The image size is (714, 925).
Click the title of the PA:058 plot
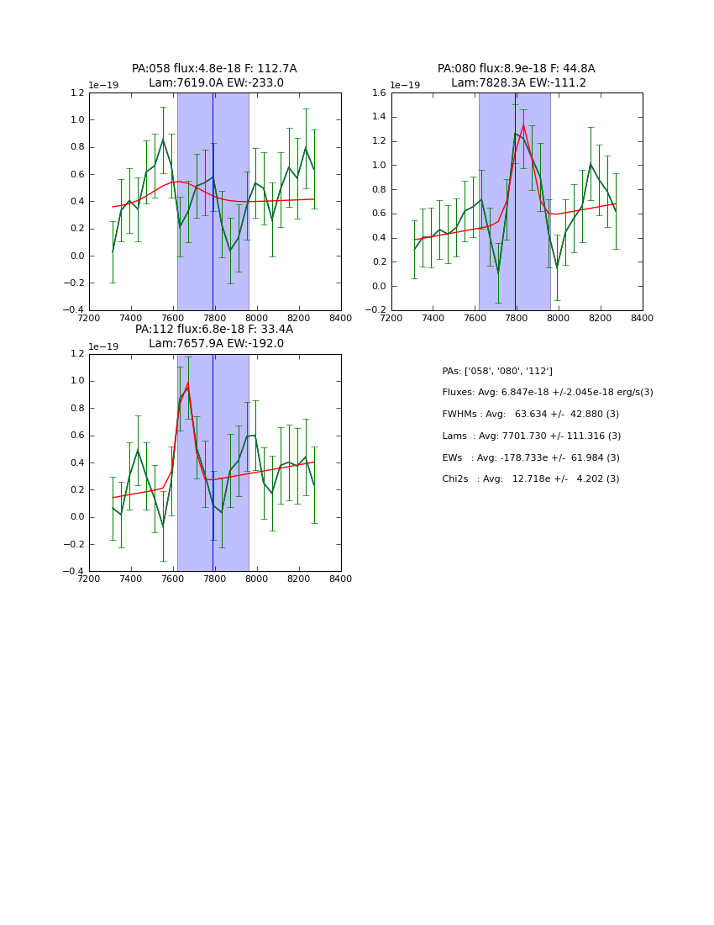click(214, 76)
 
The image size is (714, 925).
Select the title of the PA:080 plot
click(516, 76)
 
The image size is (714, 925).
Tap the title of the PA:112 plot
click(214, 336)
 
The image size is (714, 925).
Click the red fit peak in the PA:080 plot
click(523, 125)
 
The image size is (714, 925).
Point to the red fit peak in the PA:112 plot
click(187, 384)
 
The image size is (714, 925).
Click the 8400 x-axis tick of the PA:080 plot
click(642, 318)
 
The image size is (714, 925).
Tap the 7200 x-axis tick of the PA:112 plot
click(89, 579)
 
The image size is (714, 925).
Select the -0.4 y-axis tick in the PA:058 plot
click(75, 310)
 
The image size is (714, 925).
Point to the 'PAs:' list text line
click(497, 371)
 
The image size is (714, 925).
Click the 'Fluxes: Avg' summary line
click(547, 393)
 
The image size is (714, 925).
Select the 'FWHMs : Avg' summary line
click(530, 415)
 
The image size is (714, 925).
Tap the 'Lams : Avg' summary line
click(531, 436)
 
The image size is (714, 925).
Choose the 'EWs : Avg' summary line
click(530, 457)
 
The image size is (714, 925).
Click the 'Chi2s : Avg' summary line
click(530, 479)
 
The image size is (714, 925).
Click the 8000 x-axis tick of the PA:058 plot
click(256, 318)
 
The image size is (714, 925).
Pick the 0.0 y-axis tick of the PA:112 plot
click(77, 517)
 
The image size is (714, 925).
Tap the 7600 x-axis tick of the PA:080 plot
click(474, 318)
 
